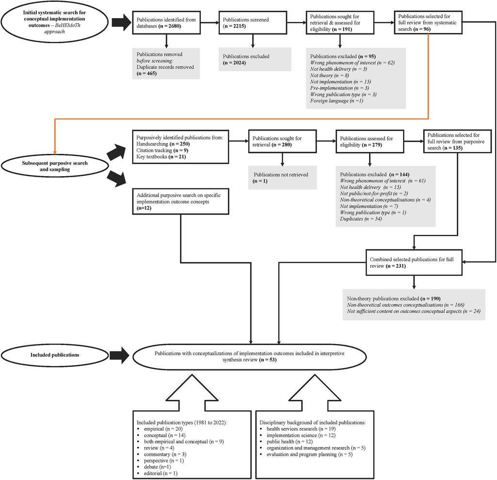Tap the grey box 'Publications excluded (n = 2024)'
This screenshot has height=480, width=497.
click(x=255, y=59)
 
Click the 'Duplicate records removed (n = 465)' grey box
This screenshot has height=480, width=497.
click(x=166, y=63)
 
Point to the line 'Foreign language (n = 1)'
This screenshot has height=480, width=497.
click(x=334, y=100)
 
